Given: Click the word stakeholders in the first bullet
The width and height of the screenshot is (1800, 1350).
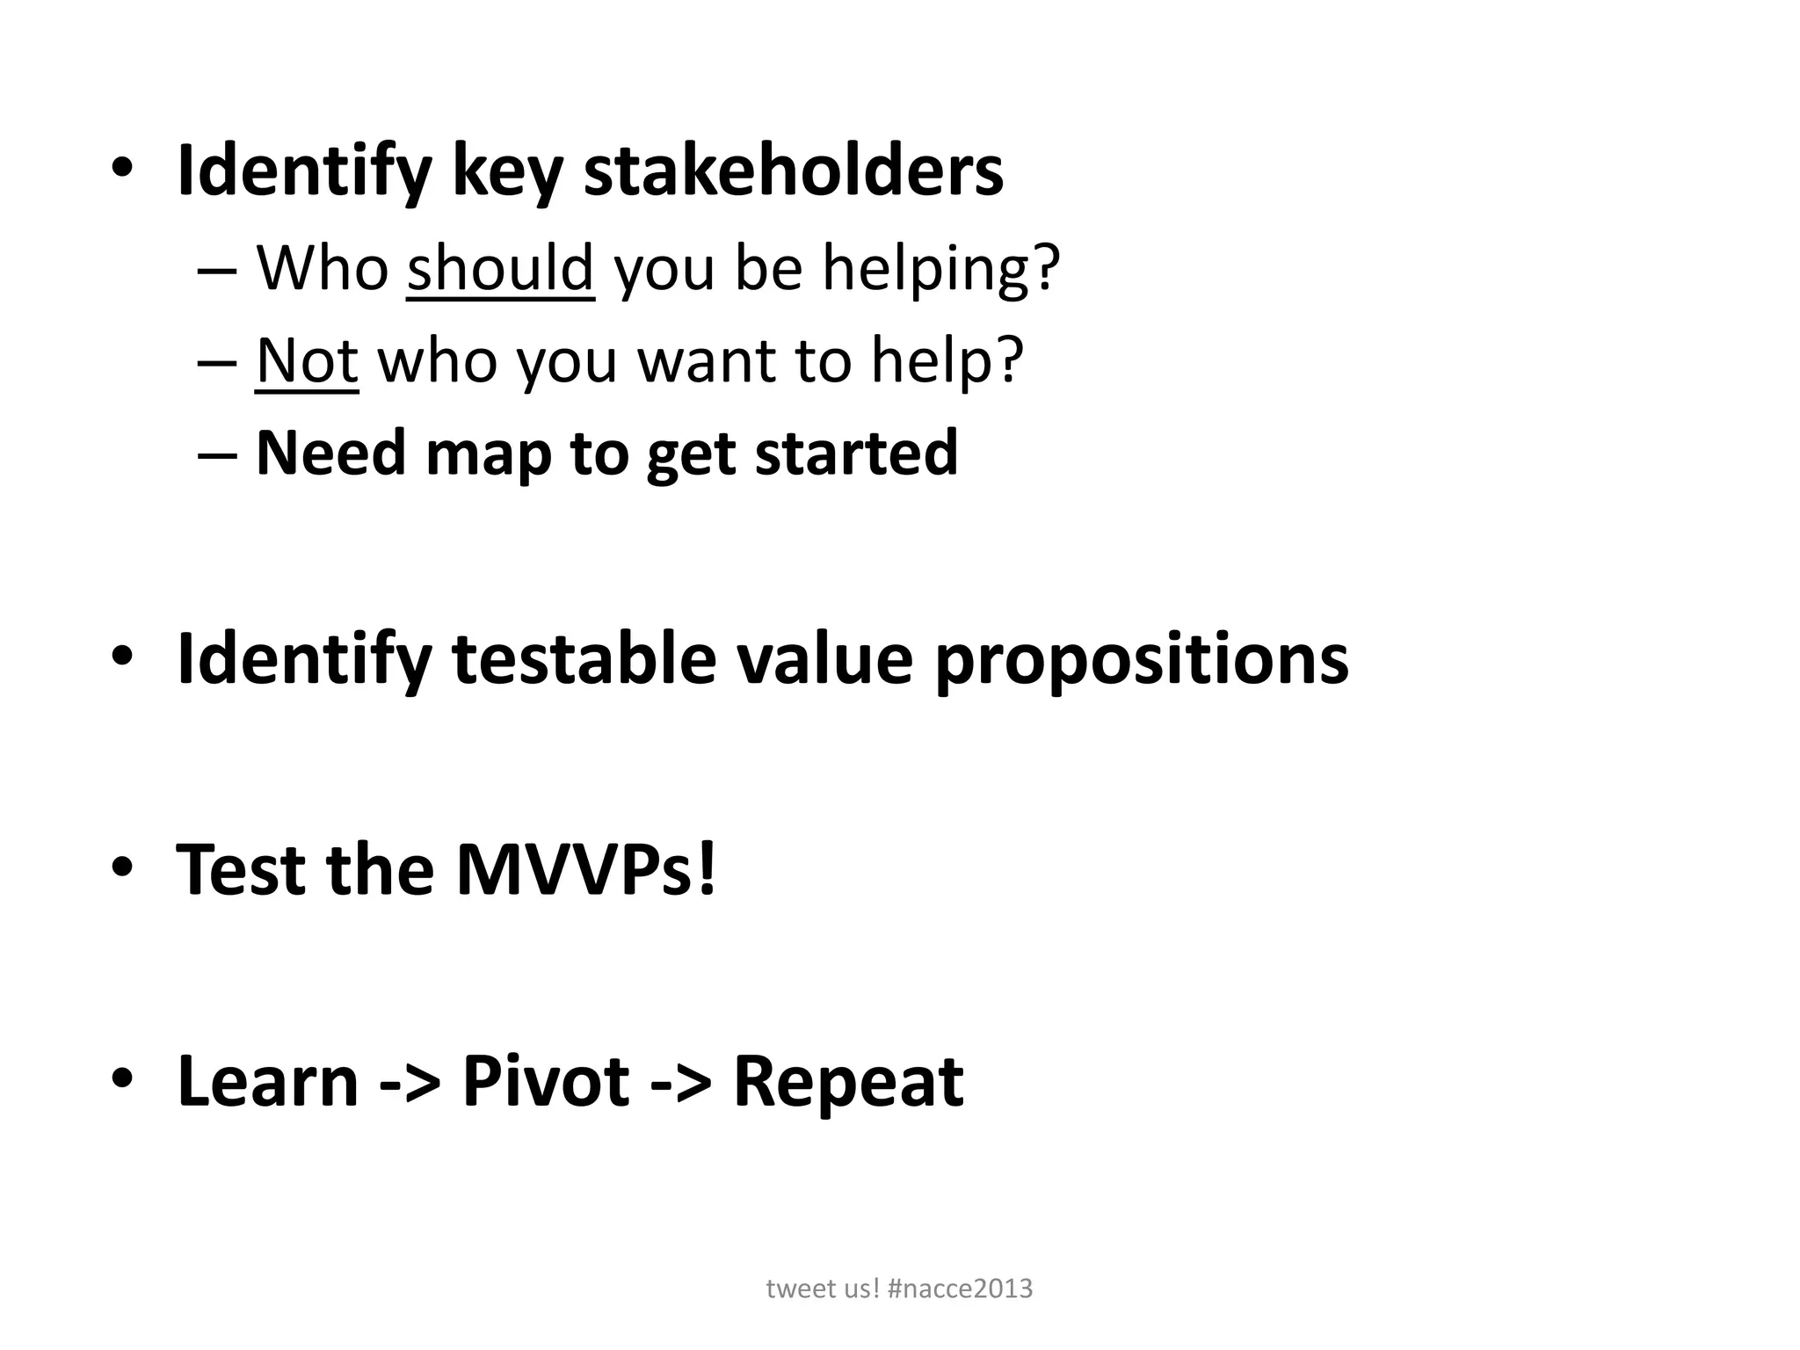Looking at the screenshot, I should tap(793, 171).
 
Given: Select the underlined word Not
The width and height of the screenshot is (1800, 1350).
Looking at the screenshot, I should tap(307, 360).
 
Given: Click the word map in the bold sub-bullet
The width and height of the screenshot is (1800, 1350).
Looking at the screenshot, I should tap(488, 454).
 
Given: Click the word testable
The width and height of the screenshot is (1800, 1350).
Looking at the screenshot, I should tap(584, 659).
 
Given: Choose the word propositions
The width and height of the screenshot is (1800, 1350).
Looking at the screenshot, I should tap(1141, 661).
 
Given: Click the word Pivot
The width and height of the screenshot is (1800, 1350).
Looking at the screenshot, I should tap(546, 1081).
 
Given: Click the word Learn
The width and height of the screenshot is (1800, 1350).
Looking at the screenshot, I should tap(268, 1081).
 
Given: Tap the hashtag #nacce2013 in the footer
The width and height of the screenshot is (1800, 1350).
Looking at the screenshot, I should tap(960, 1288).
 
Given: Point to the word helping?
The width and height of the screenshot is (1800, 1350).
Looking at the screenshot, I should tap(941, 269).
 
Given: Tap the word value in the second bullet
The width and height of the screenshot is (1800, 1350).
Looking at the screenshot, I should tap(824, 659).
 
